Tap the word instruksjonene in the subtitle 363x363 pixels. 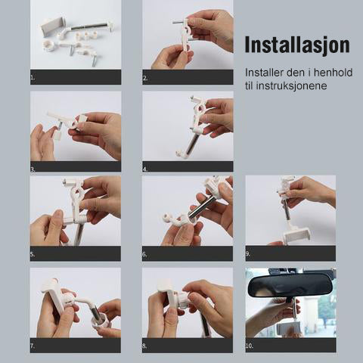(291, 85)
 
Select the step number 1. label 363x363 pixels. (33, 78)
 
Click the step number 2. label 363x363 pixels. (145, 78)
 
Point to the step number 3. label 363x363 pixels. (33, 169)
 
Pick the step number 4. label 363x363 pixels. (145, 169)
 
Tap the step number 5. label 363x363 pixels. (33, 254)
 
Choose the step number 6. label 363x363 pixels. (144, 254)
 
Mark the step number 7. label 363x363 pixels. (33, 346)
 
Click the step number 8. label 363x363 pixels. (144, 346)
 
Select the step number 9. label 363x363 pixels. (248, 254)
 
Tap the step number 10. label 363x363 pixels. (250, 346)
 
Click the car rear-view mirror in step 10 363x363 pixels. (290, 285)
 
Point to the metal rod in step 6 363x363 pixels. (202, 206)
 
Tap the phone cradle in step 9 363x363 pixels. (296, 234)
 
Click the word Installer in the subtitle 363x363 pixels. (264, 73)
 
